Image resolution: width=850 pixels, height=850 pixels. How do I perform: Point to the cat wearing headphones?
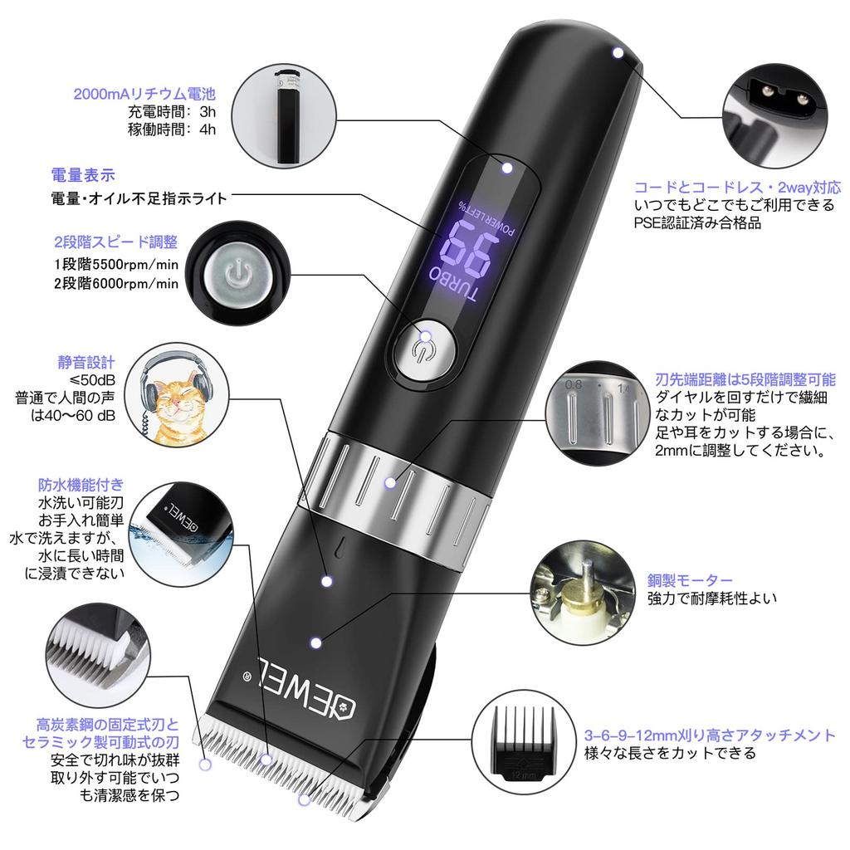click(176, 398)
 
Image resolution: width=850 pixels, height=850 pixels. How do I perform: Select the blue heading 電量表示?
click(83, 175)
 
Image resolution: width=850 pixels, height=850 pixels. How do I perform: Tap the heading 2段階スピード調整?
click(116, 242)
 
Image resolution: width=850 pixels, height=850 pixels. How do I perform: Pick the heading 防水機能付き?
click(81, 485)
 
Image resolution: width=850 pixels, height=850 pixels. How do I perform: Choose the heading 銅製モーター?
click(690, 579)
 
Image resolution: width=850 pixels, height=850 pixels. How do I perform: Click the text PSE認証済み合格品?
click(697, 222)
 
